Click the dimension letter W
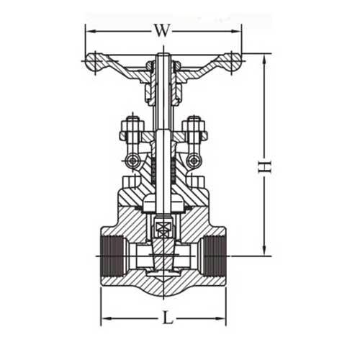162,30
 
